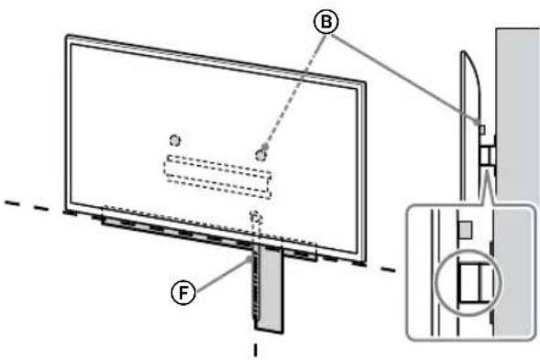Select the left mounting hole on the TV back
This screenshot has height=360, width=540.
[x=175, y=141]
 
